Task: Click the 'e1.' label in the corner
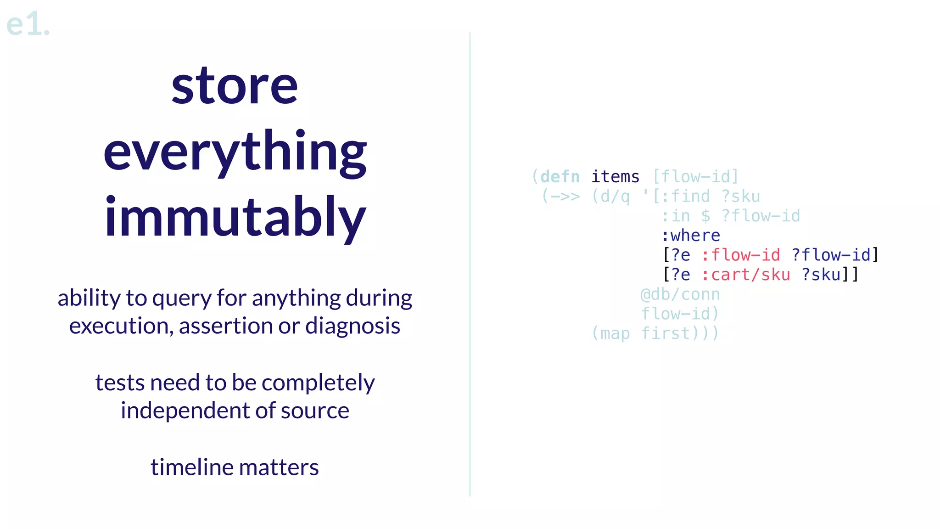click(x=28, y=24)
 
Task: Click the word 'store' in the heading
click(x=235, y=86)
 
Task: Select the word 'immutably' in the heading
click(x=235, y=217)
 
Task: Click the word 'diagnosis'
click(x=352, y=326)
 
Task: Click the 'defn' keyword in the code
click(x=560, y=177)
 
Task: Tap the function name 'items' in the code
click(x=615, y=177)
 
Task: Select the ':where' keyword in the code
click(x=691, y=236)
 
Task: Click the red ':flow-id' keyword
click(x=741, y=255)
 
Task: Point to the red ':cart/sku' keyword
click(x=746, y=275)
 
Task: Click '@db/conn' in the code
click(x=680, y=294)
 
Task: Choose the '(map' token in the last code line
click(x=610, y=333)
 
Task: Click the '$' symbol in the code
click(x=705, y=216)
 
